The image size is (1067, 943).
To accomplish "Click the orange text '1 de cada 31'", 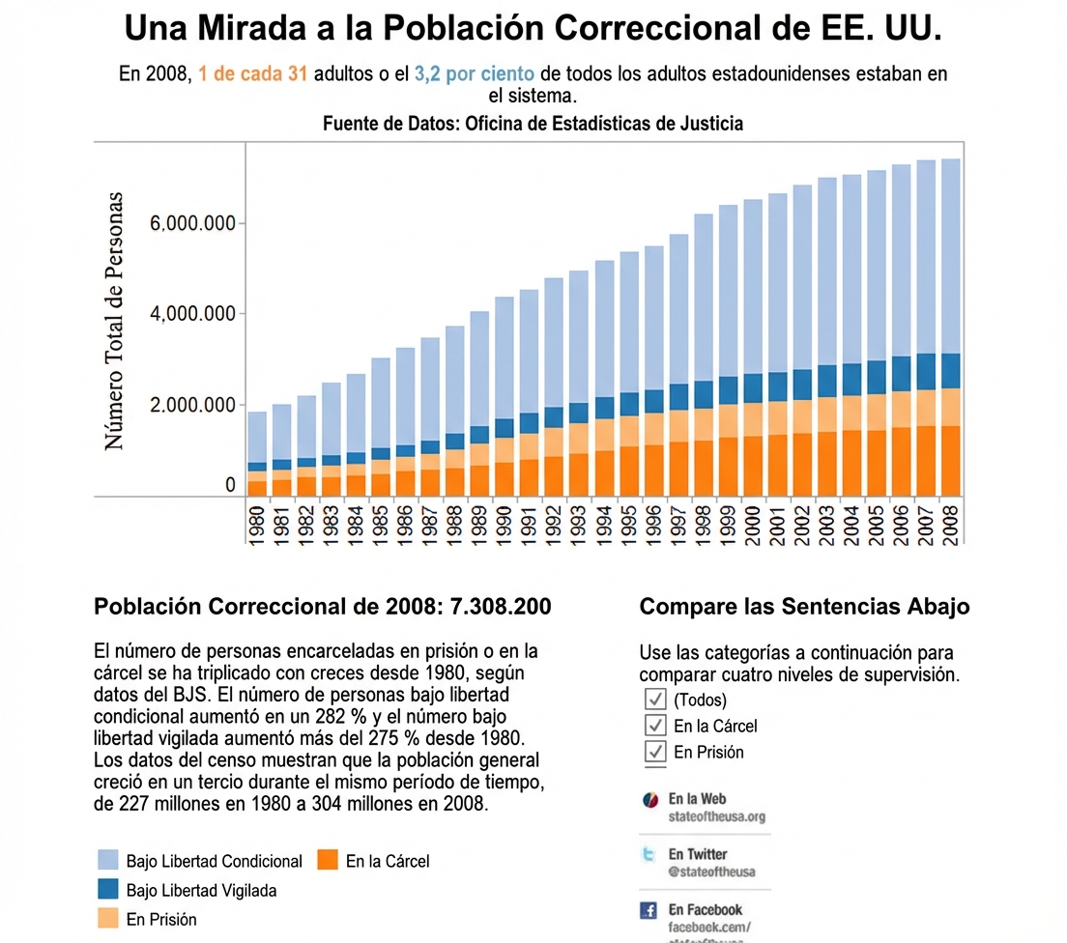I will (x=253, y=74).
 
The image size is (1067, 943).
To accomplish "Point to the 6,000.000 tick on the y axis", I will (x=193, y=223).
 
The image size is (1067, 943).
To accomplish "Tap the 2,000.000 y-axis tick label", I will (x=193, y=404).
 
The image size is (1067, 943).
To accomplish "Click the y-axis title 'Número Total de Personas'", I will (x=114, y=321).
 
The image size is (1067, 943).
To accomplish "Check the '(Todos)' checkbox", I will (x=656, y=700).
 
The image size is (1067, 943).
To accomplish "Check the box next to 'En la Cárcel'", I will (x=656, y=725).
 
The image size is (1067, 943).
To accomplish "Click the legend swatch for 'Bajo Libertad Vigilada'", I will (x=109, y=890).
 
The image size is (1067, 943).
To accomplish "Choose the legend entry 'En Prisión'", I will (x=160, y=919).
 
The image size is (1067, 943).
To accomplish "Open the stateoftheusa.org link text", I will (x=716, y=816).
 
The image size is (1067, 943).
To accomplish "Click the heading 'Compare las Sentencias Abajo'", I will (x=804, y=607).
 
